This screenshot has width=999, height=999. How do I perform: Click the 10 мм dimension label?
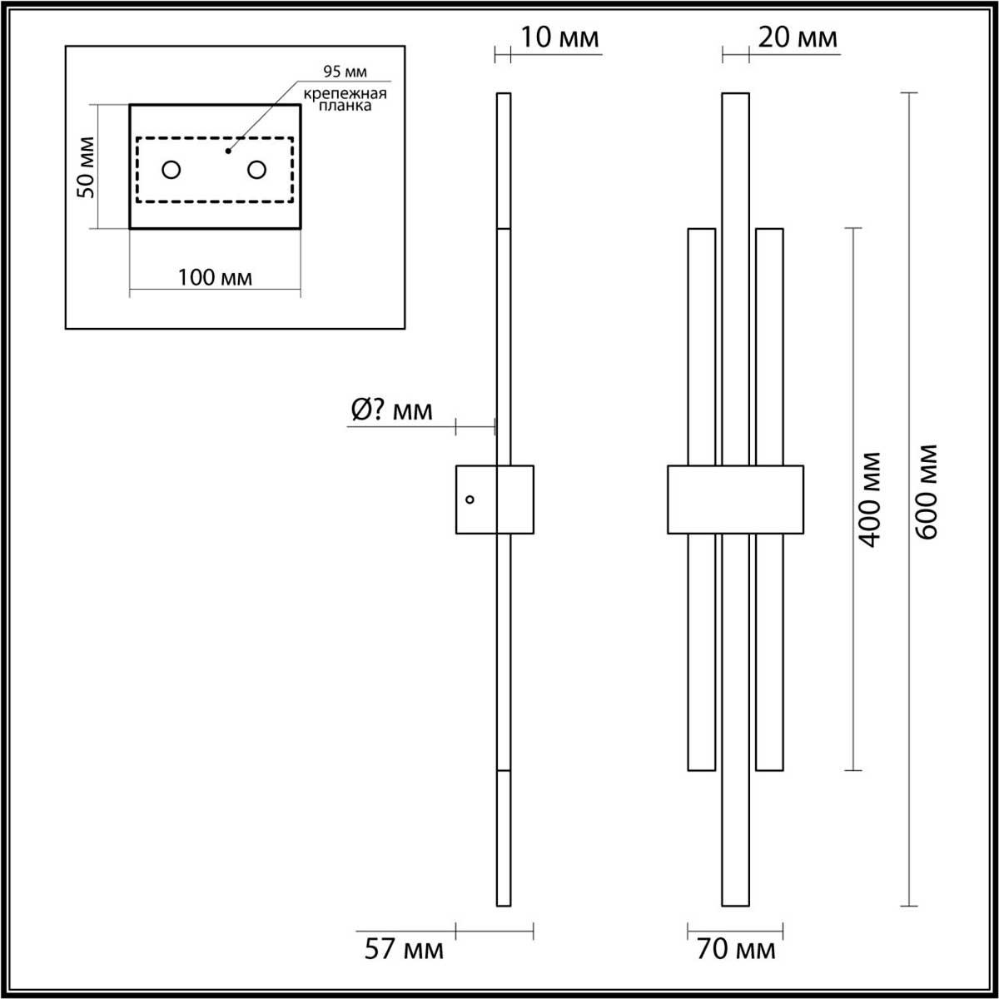(x=559, y=37)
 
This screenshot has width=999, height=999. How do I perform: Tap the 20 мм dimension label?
(x=798, y=37)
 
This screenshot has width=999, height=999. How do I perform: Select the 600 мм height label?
(x=927, y=492)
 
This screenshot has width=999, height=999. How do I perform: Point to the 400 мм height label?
(x=869, y=499)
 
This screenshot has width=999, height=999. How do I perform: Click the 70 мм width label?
(x=736, y=950)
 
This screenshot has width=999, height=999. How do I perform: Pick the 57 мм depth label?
(x=404, y=950)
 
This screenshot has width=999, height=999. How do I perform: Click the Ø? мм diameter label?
(x=391, y=410)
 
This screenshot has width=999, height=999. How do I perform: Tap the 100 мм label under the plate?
(x=215, y=278)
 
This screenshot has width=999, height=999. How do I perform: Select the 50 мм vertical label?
(x=86, y=167)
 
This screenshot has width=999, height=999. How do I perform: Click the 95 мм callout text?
(x=345, y=72)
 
